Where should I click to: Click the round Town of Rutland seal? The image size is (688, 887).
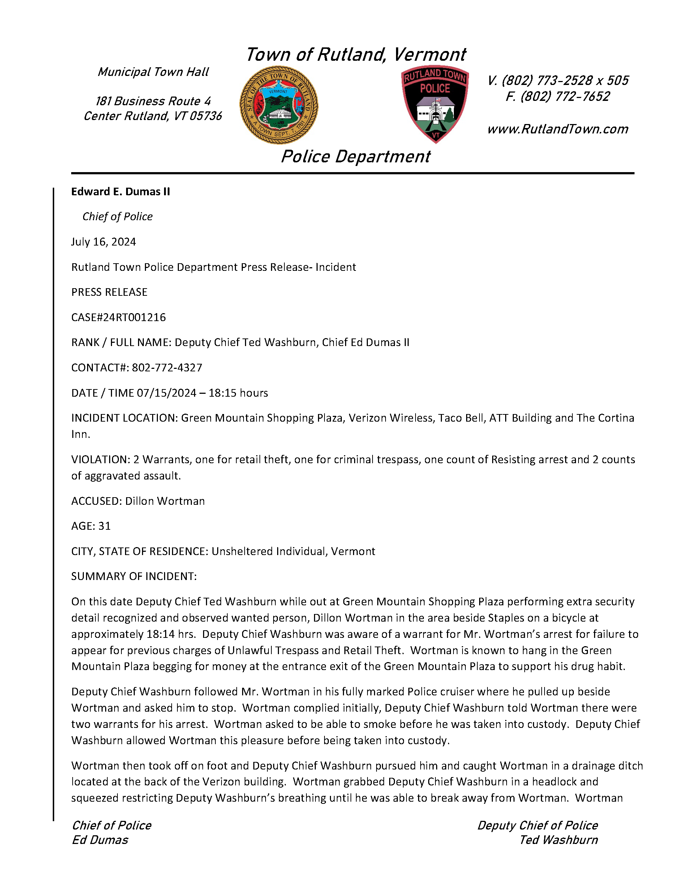coord(279,105)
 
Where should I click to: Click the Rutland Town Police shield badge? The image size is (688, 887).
coord(435,103)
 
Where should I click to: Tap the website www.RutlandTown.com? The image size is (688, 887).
coord(557,129)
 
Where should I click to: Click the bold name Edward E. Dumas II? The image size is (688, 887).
coord(121,192)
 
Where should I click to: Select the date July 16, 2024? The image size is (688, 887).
coord(103,242)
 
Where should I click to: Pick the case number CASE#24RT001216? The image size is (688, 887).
coord(119,317)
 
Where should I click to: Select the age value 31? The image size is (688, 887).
coord(104,526)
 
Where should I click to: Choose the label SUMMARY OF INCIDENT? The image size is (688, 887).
coord(134,576)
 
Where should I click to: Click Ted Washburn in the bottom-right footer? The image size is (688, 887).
coord(559,840)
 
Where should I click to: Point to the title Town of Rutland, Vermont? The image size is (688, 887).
coord(356,55)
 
